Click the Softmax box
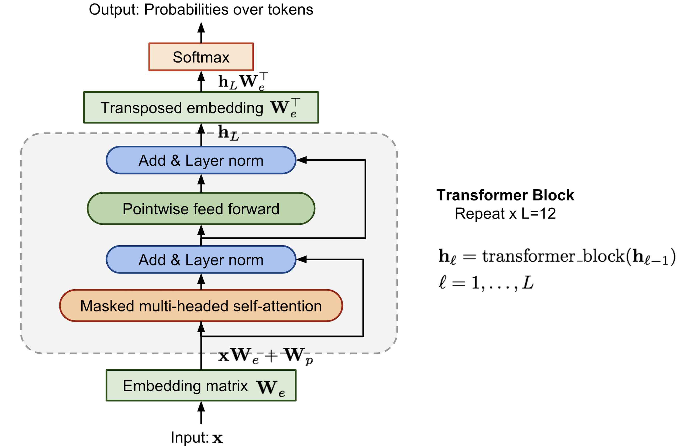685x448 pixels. pos(201,57)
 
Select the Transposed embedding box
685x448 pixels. pos(201,108)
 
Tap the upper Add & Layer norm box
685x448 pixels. pos(201,160)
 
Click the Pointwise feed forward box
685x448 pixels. pos(201,209)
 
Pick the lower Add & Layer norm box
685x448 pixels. pos(201,260)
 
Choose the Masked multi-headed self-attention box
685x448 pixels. pos(201,306)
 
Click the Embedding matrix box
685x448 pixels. pos(201,386)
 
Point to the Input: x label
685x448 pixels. pos(197,437)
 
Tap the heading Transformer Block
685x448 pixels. pos(505,195)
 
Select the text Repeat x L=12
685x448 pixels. pos(505,214)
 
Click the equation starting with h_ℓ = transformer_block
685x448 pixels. pos(557,256)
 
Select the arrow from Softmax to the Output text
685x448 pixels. pos(201,32)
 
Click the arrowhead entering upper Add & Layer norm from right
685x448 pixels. pos(302,160)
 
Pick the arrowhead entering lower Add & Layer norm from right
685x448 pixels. pos(302,260)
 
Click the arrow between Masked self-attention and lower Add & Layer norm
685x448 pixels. pos(201,281)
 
